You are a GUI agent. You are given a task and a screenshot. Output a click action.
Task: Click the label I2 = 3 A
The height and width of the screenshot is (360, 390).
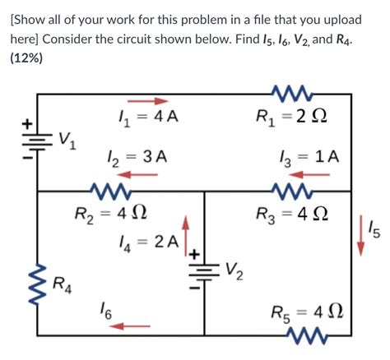(137, 156)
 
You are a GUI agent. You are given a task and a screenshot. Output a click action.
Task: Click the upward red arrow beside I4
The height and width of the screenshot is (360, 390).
(186, 231)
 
